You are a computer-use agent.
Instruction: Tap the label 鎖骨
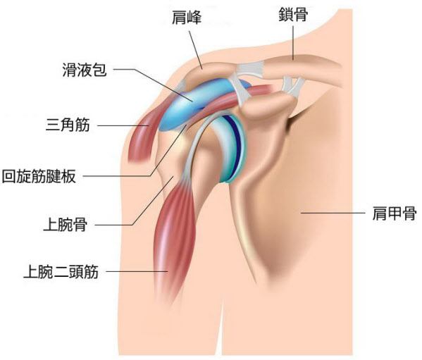[293, 14]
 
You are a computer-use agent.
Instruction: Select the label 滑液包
[85, 70]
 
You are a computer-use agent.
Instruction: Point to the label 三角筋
[68, 125]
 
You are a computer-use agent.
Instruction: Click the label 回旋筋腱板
[39, 177]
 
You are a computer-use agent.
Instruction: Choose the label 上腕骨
[65, 225]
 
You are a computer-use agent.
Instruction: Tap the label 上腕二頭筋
[61, 271]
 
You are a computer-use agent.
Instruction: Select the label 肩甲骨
[395, 213]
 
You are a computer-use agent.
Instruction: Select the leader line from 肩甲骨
[333, 213]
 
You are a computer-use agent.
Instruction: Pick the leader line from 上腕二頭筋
[137, 271]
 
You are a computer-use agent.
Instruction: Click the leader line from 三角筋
[123, 125]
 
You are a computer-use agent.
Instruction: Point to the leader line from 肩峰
[196, 50]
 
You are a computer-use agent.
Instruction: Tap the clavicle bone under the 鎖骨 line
[302, 67]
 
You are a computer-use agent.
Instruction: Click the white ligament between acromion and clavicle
[250, 69]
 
